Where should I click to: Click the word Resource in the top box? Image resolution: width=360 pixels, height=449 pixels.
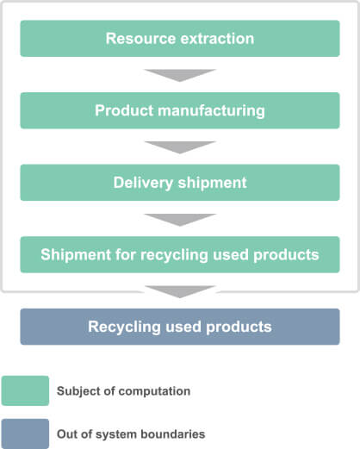point(140,39)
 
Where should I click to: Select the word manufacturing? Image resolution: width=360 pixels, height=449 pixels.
point(211,111)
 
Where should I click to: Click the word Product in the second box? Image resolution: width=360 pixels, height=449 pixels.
point(124,110)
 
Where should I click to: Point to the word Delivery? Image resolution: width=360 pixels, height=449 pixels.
point(143,183)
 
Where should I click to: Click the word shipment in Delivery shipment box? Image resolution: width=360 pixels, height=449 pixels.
point(213,183)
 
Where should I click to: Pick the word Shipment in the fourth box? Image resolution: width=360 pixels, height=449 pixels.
point(76,255)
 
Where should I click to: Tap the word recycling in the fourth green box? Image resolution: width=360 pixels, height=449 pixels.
point(174,255)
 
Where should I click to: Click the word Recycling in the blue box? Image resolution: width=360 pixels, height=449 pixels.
point(124,327)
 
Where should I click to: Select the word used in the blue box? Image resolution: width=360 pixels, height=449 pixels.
point(183,327)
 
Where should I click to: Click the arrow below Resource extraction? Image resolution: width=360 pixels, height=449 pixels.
point(180,75)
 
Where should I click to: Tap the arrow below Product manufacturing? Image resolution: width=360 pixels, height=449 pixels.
point(180,147)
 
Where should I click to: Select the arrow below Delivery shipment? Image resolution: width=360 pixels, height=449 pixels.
point(180,220)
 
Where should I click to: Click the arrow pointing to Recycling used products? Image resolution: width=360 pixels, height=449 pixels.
point(180,291)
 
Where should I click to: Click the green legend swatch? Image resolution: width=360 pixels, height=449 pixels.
point(25,390)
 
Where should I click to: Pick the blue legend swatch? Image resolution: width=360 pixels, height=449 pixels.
point(25,433)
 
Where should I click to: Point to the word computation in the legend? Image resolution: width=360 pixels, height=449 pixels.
point(154,391)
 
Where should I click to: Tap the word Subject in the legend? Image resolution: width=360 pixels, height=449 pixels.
point(74,391)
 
